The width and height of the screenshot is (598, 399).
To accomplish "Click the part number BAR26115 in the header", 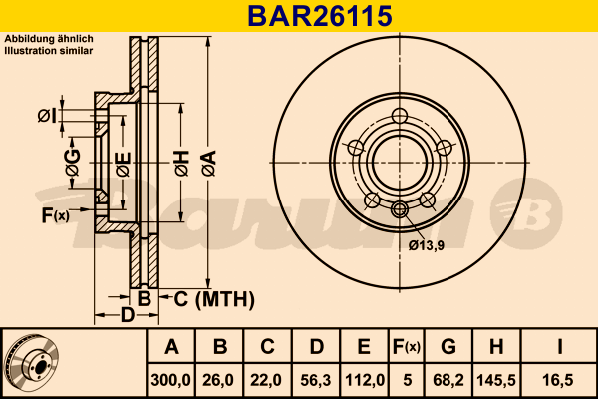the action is tap(320, 16).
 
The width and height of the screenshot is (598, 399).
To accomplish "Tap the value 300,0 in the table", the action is tap(170, 380).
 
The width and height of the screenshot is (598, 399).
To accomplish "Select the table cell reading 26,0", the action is tap(218, 380).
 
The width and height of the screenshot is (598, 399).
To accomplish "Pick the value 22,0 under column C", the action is tap(266, 380).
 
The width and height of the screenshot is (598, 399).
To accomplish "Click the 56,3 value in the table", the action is tap(316, 380).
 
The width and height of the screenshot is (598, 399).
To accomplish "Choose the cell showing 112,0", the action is tap(365, 380).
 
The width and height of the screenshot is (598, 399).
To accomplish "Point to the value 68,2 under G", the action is tap(448, 380).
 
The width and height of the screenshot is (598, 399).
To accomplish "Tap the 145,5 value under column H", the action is tap(496, 380).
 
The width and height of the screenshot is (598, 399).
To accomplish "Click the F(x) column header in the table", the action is tap(407, 347).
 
